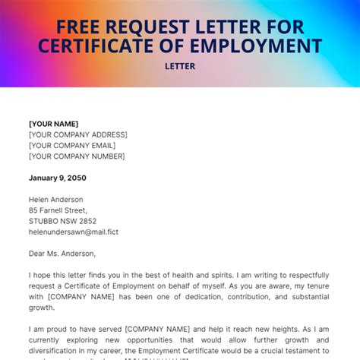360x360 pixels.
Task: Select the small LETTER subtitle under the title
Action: coord(180,66)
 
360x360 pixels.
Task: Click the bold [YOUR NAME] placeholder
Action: coord(53,124)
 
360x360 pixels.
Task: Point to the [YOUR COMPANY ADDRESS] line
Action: coord(77,134)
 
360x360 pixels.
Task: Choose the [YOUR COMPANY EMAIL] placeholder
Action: coord(72,145)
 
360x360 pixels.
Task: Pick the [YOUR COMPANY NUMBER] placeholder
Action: coord(77,156)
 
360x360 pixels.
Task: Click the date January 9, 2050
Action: coord(58,178)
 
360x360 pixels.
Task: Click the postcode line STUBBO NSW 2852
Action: coord(62,221)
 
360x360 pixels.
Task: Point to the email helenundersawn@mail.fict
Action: coord(74,232)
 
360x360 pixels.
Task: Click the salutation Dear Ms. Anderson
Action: coord(62,254)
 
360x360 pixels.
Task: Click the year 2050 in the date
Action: coord(76,178)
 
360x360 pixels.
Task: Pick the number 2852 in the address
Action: coord(86,221)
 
